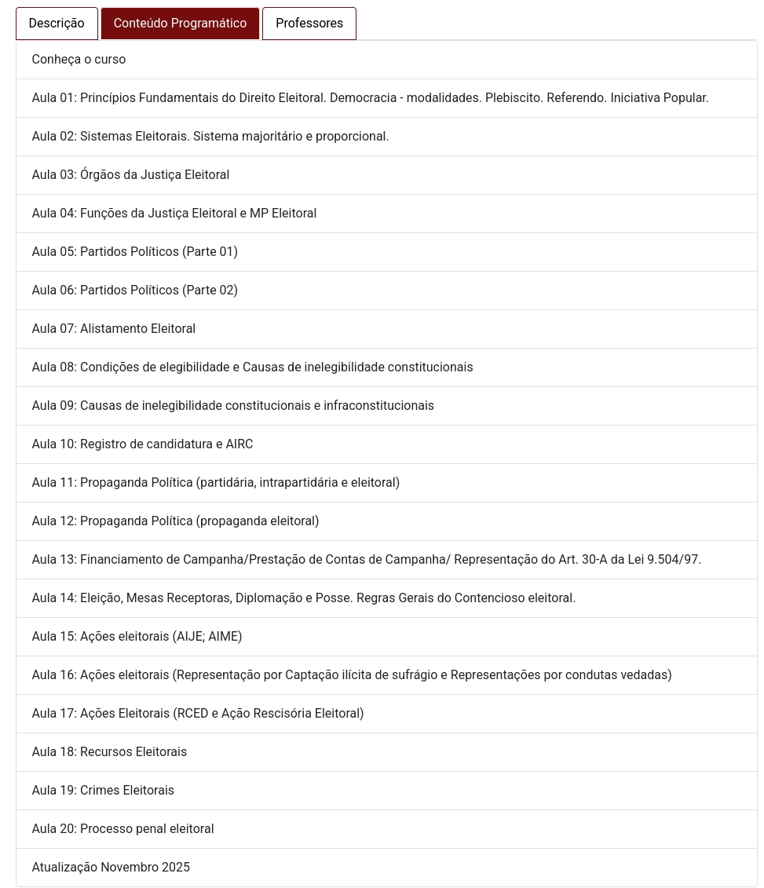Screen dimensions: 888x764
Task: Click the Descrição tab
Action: [57, 24]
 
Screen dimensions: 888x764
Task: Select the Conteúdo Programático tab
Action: [180, 24]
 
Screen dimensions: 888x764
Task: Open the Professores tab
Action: [309, 24]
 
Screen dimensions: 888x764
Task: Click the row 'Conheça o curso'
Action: [79, 60]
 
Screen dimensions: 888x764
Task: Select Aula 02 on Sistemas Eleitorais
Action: [210, 137]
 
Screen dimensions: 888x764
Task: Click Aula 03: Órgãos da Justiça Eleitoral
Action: [130, 175]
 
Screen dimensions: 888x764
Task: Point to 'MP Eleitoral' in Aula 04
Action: [283, 214]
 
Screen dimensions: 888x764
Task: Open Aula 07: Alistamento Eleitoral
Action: [113, 329]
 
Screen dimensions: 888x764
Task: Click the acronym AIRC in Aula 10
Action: [239, 444]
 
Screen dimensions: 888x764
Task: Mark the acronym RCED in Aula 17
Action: [193, 714]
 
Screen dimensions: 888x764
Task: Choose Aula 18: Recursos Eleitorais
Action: [109, 752]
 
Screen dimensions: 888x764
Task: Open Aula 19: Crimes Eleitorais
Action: [103, 791]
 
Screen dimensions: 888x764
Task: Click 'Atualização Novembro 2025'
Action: [111, 868]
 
